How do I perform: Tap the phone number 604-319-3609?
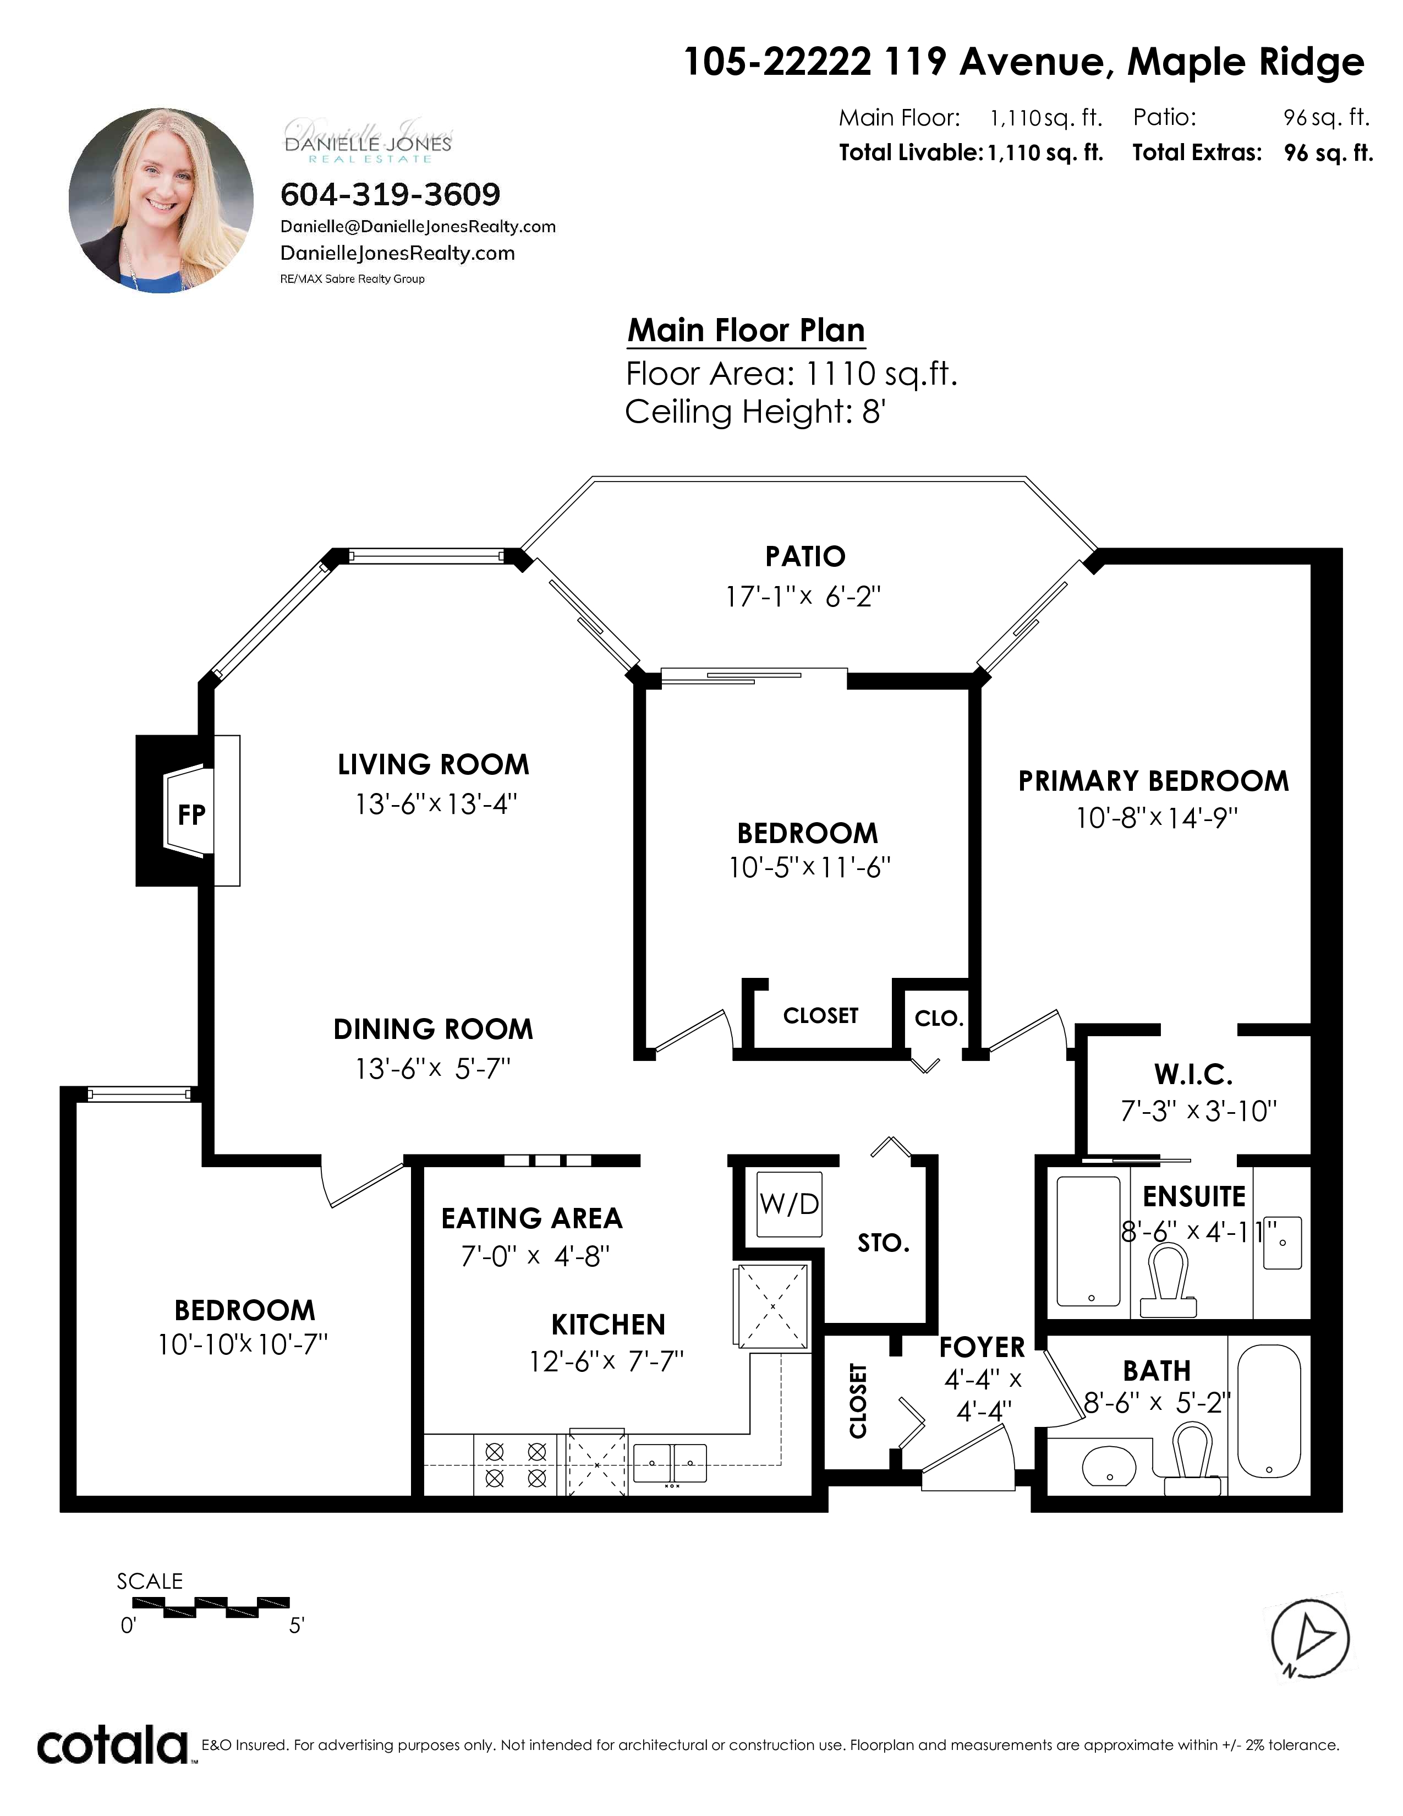coord(391,195)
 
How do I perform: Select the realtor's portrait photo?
coord(161,200)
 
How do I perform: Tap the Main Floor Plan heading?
coord(746,330)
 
